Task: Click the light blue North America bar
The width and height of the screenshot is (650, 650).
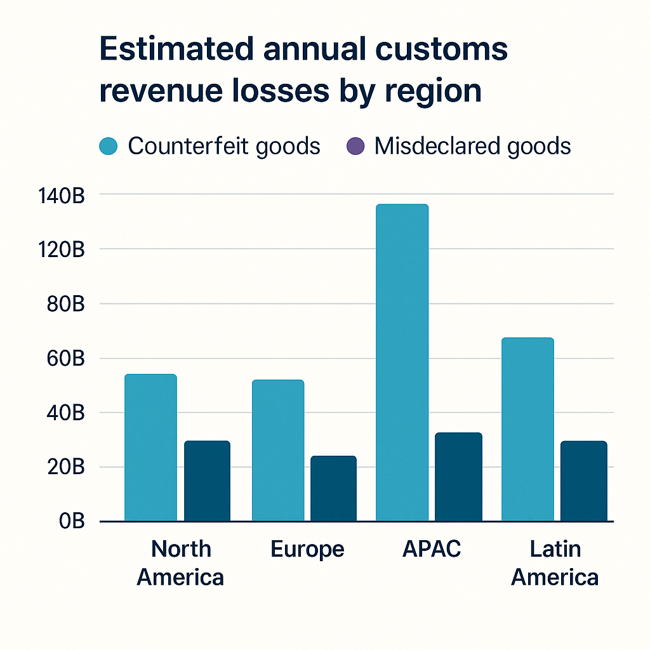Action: coord(150,448)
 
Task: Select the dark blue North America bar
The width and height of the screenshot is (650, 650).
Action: coord(207,481)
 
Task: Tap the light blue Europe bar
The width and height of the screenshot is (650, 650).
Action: coord(277,451)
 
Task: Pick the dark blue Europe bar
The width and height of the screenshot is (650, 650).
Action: coord(333,489)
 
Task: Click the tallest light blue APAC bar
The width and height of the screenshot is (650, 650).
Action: coord(402,362)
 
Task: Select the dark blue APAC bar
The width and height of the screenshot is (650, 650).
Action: coord(458,477)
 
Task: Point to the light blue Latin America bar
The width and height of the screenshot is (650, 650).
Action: coord(527,429)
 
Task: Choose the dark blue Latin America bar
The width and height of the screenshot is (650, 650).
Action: coord(583,481)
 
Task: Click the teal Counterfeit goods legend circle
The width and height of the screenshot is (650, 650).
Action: coord(109,147)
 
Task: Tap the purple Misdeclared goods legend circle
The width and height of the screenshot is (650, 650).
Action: coord(355,147)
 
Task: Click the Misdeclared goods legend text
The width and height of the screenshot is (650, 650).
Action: coord(472,147)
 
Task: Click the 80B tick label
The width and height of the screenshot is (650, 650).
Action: coord(65,304)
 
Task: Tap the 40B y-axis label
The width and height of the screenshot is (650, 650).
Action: coord(65,413)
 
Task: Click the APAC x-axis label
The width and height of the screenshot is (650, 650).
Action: coord(432,549)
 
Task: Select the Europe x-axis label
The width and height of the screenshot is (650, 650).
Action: coord(307,549)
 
